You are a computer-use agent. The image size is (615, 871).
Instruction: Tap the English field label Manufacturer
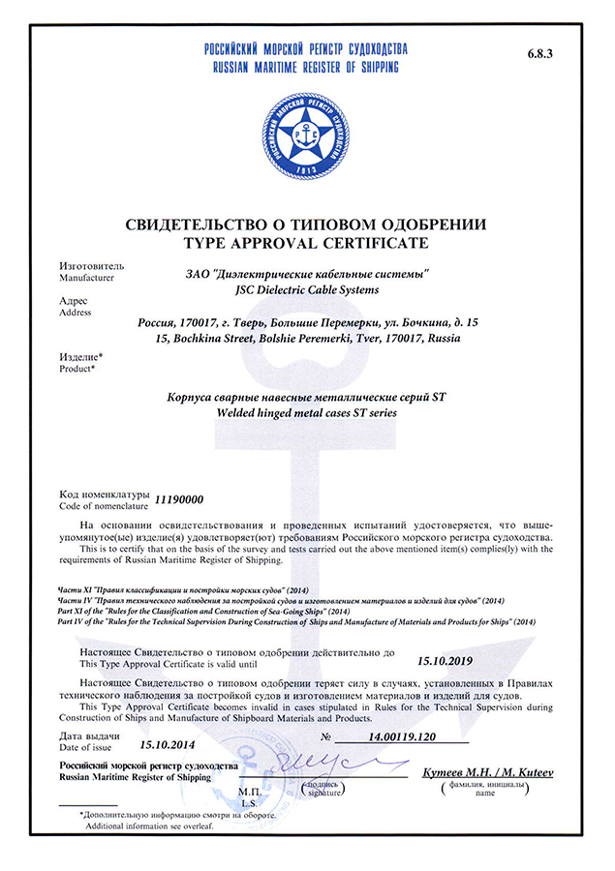pyautogui.click(x=87, y=278)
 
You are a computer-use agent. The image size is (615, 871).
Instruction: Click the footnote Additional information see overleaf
pyautogui.click(x=154, y=826)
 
